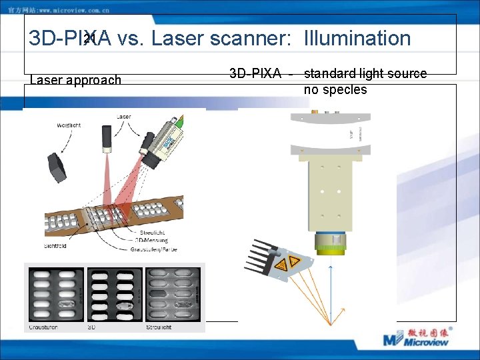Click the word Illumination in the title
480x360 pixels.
click(357, 39)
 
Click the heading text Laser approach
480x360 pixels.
click(76, 80)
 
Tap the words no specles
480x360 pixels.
click(335, 89)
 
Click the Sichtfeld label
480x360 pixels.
click(55, 246)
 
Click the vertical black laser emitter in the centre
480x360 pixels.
click(106, 139)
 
